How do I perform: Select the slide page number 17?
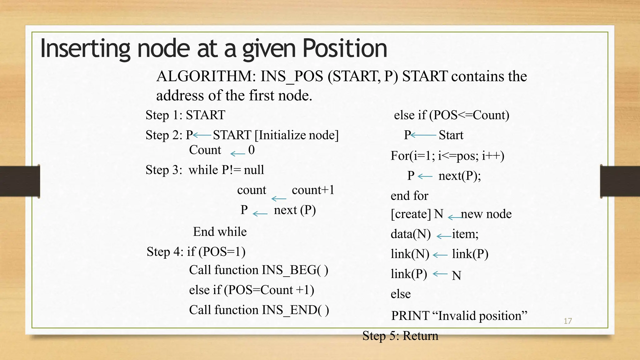(567, 321)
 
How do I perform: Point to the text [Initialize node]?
(297, 135)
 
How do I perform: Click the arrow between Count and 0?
(237, 153)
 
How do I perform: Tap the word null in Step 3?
(254, 170)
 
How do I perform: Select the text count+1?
(313, 190)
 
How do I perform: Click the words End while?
(220, 232)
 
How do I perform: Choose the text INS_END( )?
(295, 310)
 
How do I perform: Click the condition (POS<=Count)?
(469, 115)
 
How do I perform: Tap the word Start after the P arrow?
(451, 135)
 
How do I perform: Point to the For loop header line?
(447, 156)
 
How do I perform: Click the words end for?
(409, 196)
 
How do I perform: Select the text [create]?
(411, 214)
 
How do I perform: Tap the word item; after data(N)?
(465, 234)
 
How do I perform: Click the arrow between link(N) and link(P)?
(440, 255)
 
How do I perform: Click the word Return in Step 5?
(420, 336)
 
